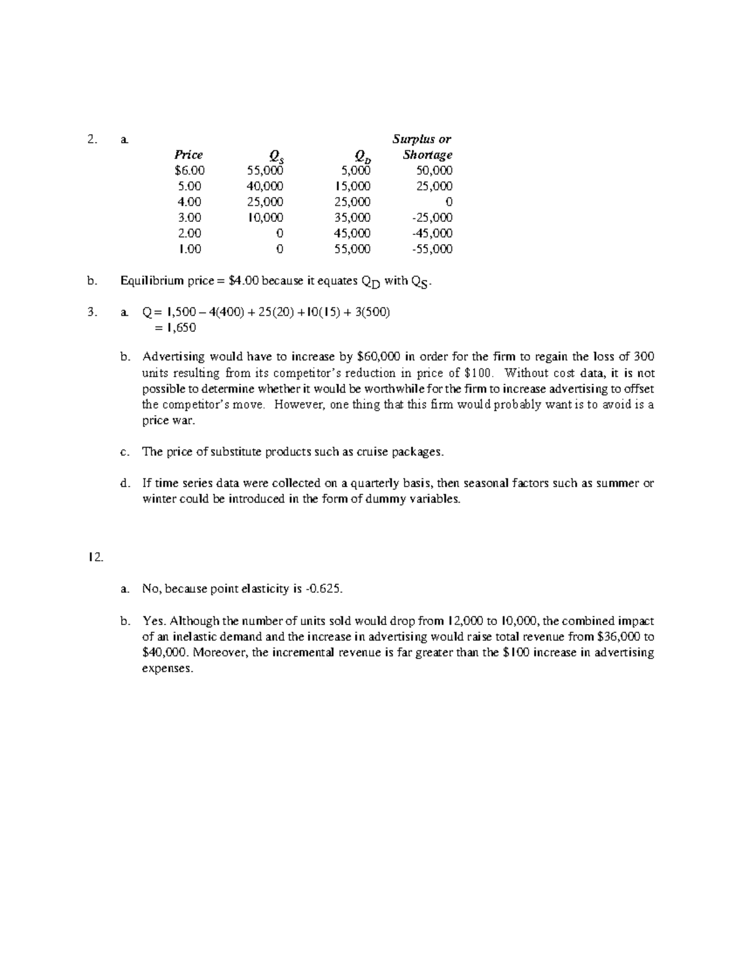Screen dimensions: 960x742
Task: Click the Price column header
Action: pos(188,155)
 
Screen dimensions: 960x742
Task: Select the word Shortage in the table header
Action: pos(427,155)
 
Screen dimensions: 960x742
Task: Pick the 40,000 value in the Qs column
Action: pos(265,186)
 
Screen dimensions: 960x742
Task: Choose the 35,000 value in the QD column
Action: pos(352,218)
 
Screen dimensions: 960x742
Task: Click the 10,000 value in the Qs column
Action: pos(265,218)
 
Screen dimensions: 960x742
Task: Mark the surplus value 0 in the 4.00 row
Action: pos(449,202)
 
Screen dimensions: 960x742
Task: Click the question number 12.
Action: pos(95,557)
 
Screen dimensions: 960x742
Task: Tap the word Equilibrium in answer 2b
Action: pos(151,281)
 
